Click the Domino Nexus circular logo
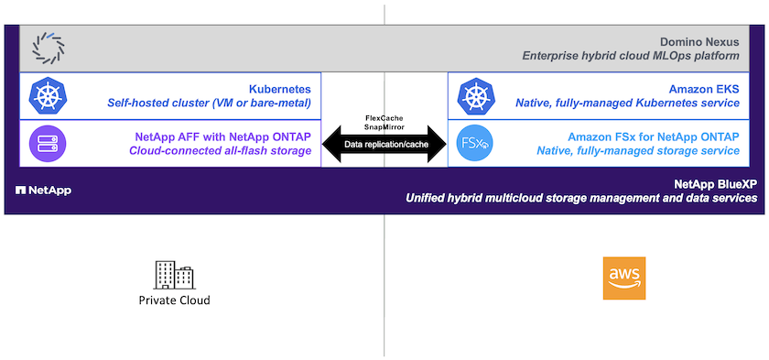[x=48, y=48]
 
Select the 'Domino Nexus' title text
[x=699, y=42]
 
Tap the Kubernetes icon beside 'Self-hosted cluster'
[x=48, y=94]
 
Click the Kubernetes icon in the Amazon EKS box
[x=475, y=96]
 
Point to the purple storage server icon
[x=48, y=144]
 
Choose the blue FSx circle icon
[x=475, y=144]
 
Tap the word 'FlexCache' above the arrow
[x=384, y=119]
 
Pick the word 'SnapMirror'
[x=384, y=126]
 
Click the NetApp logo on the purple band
[x=43, y=191]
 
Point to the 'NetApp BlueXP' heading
[x=716, y=184]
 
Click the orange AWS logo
[x=624, y=278]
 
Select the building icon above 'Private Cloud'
[x=174, y=275]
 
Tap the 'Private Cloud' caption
[x=174, y=300]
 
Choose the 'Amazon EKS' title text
[x=704, y=89]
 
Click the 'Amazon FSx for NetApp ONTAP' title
[x=654, y=137]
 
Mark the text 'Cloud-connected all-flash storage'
[x=221, y=151]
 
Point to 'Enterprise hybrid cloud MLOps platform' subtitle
[x=631, y=56]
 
